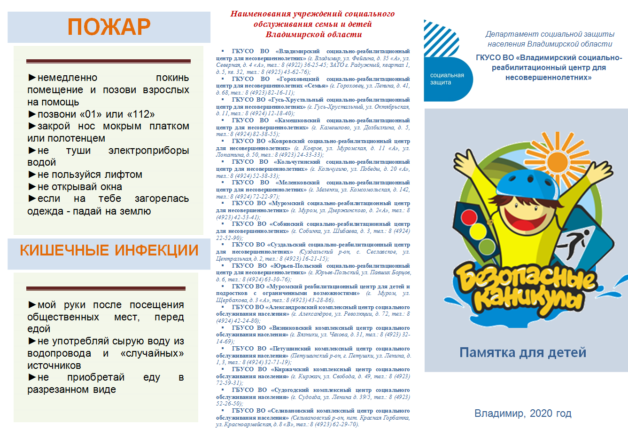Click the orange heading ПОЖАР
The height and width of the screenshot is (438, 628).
pos(109,27)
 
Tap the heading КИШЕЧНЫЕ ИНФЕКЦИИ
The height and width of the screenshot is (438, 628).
pos(109,250)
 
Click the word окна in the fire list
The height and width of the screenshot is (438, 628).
pos(111,187)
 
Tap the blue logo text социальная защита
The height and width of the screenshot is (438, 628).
pos(447,79)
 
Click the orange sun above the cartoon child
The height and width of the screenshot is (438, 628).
pos(557,159)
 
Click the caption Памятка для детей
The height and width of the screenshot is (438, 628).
pos(522,352)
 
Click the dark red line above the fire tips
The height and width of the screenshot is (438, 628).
pos(109,61)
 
